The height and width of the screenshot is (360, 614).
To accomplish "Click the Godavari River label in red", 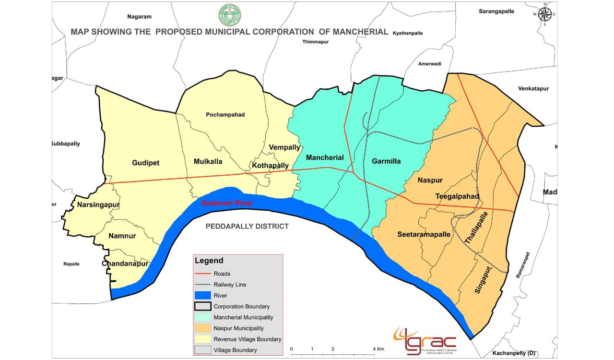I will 227,203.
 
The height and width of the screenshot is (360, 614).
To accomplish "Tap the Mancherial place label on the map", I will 325,157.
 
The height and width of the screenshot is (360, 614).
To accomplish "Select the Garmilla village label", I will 386,161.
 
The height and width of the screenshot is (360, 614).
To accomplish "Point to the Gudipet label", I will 145,163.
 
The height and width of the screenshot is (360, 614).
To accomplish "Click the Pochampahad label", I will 225,115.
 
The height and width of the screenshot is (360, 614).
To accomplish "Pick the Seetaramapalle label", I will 424,234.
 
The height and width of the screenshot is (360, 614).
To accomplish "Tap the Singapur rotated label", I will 485,280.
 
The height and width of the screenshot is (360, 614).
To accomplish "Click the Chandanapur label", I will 125,264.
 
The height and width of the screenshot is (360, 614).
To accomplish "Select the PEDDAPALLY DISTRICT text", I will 247,226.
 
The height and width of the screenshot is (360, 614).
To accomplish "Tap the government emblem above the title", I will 230,15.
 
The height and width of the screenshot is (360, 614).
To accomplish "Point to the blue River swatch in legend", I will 202,296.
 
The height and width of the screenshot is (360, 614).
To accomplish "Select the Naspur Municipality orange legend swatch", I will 202,328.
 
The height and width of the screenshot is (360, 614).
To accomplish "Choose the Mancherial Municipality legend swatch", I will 202,317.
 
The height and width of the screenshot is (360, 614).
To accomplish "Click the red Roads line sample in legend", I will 202,274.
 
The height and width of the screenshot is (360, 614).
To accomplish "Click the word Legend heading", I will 209,261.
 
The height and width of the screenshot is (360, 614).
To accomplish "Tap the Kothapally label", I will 270,166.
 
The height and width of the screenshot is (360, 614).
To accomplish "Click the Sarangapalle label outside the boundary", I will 496,11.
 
